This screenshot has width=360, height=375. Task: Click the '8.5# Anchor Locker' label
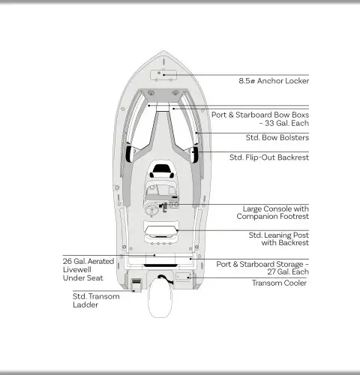[274, 81]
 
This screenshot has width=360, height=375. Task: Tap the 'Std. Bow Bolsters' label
[277, 137]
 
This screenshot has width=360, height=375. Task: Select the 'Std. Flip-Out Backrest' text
[269, 157]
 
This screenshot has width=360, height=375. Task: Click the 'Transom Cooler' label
[279, 283]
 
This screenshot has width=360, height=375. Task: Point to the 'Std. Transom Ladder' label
[96, 301]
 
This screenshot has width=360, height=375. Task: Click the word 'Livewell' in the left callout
[77, 269]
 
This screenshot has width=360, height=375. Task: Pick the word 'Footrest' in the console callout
[292, 217]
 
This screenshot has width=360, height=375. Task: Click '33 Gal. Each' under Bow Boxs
[286, 123]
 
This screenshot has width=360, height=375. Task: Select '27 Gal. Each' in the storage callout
[288, 271]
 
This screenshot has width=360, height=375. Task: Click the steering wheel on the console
[151, 210]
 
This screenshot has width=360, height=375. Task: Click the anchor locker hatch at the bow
[163, 75]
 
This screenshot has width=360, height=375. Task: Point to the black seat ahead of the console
[162, 171]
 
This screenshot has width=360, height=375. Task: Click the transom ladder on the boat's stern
[136, 285]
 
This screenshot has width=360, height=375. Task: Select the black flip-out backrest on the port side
[128, 154]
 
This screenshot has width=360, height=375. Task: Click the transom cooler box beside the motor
[184, 277]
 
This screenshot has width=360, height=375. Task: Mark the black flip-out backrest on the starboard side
[195, 154]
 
